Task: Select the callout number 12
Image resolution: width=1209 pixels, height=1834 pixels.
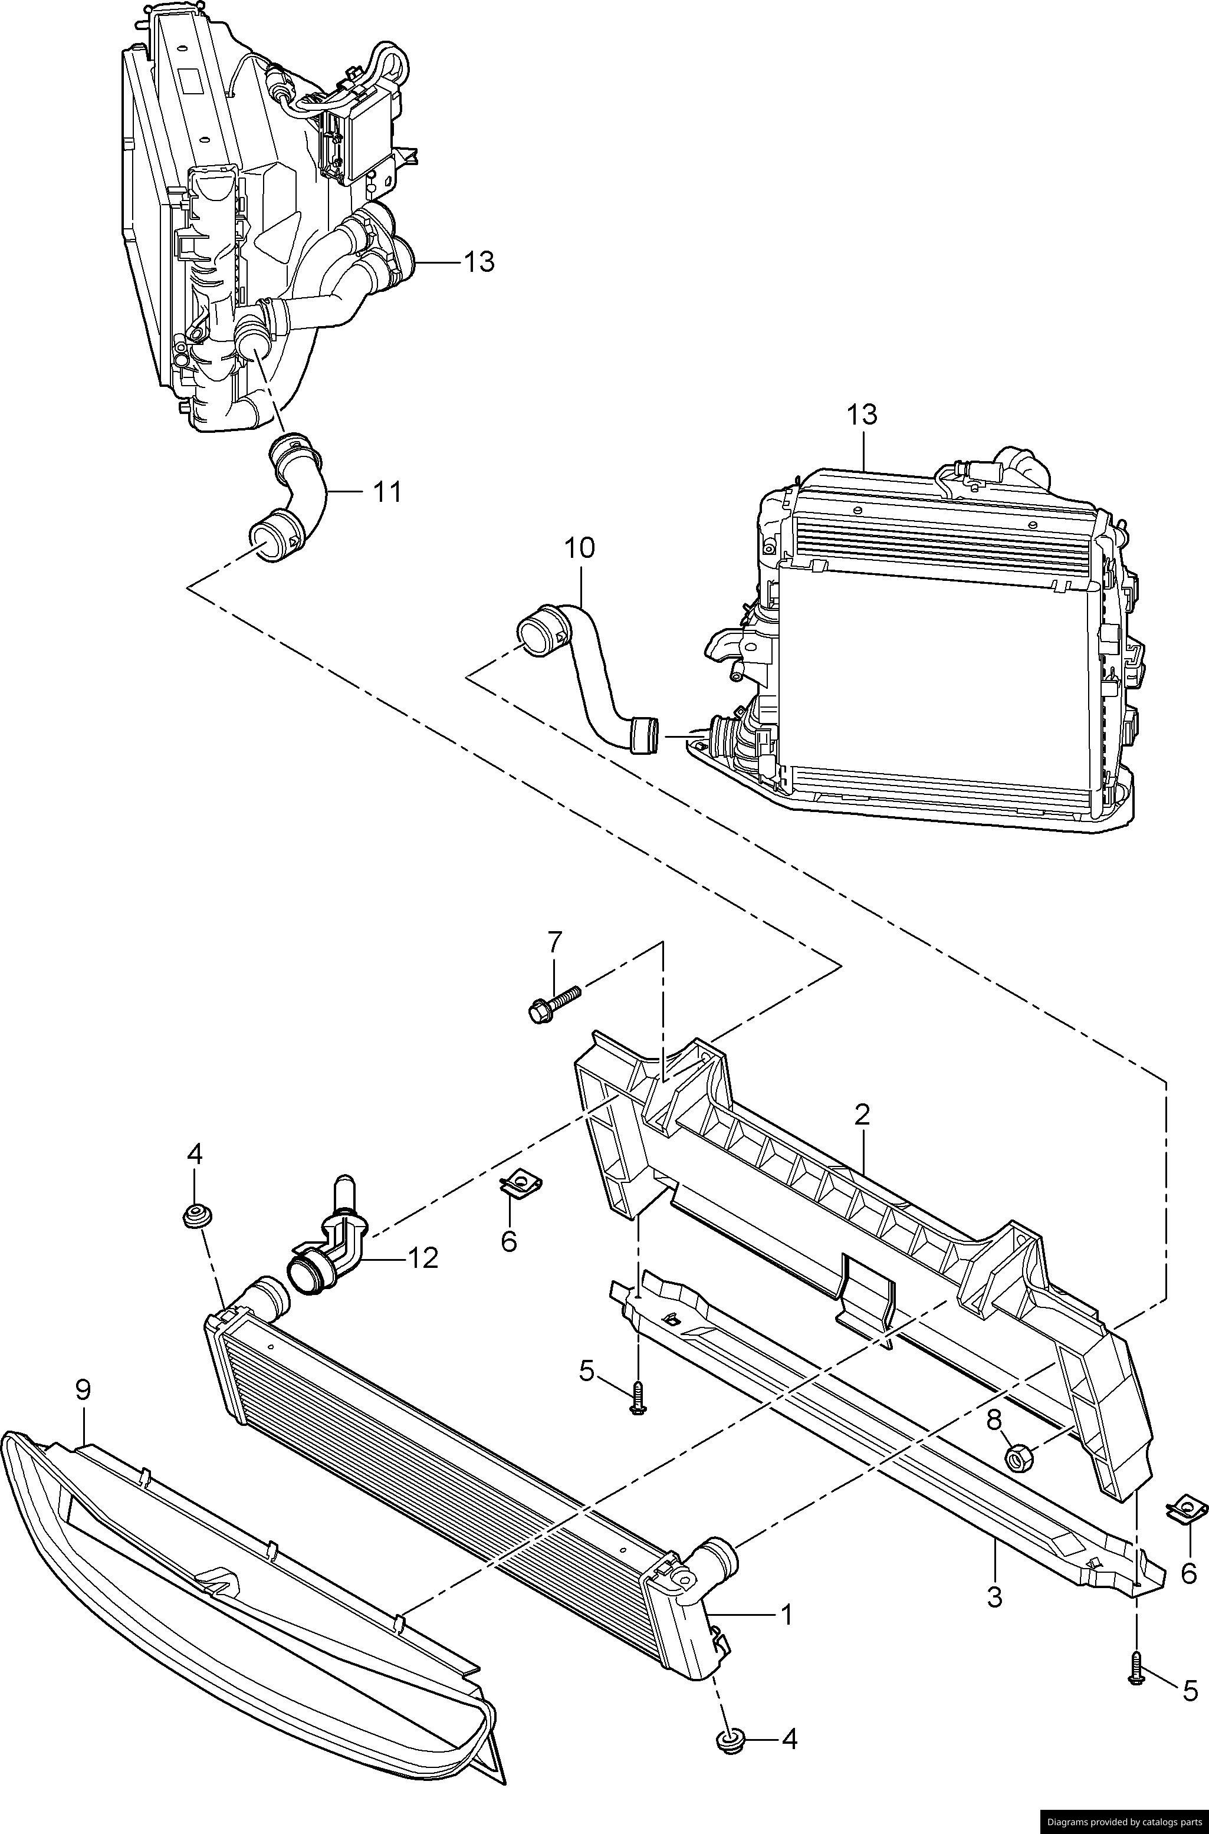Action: pyautogui.click(x=424, y=1258)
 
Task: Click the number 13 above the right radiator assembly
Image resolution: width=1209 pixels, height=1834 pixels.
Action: pyautogui.click(x=862, y=415)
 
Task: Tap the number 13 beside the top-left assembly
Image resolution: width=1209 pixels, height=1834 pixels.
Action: pyautogui.click(x=479, y=262)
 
